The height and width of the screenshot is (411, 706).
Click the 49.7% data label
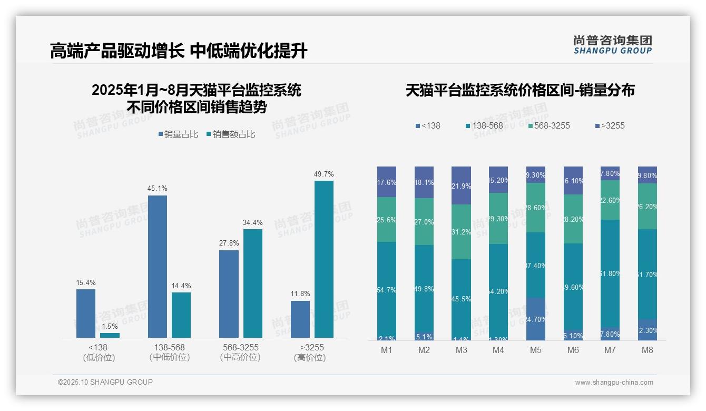coord(324,174)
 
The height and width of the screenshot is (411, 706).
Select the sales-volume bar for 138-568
coord(158,266)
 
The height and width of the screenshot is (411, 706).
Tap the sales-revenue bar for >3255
coord(324,259)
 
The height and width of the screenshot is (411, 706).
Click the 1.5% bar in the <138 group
coord(110,335)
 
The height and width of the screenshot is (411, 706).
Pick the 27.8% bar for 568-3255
coord(229,293)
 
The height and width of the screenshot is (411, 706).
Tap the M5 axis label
coord(536,350)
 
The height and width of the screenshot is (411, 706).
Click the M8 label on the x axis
coord(648,350)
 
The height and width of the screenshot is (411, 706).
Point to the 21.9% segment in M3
coord(461,185)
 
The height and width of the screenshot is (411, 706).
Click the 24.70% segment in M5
coord(536,319)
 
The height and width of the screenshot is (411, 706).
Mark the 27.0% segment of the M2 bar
coord(424,221)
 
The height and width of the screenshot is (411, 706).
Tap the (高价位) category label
coord(310,358)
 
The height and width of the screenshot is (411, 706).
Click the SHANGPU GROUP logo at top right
coord(613,45)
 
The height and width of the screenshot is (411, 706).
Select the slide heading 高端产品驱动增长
coord(117,51)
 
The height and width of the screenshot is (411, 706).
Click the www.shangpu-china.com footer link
coord(614,383)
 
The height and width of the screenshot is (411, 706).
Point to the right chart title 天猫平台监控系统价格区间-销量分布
coord(520,91)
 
